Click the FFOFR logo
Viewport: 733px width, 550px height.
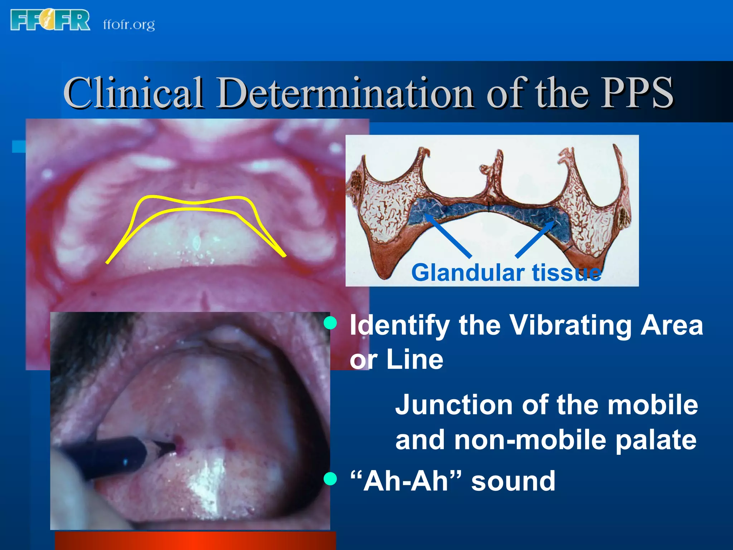point(50,20)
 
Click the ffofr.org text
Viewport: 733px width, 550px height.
point(129,24)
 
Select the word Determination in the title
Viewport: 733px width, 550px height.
point(346,93)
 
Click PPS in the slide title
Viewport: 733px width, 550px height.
point(637,93)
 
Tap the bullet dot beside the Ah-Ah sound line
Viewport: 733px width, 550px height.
point(330,479)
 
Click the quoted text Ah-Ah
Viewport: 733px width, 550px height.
point(406,481)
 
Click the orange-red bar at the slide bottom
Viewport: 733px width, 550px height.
point(195,541)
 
